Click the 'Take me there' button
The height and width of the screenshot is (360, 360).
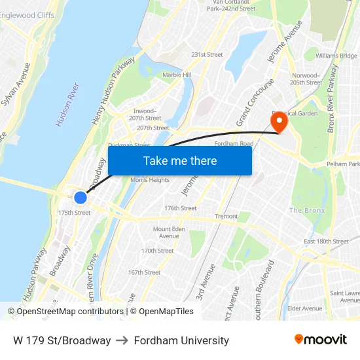point(180,160)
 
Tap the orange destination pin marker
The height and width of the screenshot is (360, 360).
point(279,122)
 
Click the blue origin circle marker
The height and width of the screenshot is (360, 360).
point(81,198)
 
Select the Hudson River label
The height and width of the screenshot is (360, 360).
point(68,105)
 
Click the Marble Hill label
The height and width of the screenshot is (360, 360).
point(176,75)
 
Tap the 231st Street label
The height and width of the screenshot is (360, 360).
point(207,55)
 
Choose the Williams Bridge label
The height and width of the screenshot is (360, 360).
point(336,56)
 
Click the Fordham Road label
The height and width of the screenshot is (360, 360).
point(234,144)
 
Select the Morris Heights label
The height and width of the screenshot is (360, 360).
point(150,180)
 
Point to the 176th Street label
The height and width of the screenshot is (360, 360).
point(180,208)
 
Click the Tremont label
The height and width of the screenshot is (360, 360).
point(226,217)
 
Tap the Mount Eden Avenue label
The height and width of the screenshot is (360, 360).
point(171,233)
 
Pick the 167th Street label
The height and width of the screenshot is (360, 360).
point(144,272)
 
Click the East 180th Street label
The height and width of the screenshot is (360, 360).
point(326,242)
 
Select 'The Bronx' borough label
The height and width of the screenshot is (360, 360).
point(307,210)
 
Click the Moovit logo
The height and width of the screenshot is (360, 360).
point(321,340)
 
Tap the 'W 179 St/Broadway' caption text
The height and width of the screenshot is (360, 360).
point(62,340)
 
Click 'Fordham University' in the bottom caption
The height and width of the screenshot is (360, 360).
point(181,340)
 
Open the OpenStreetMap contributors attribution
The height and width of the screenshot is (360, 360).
point(65,312)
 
